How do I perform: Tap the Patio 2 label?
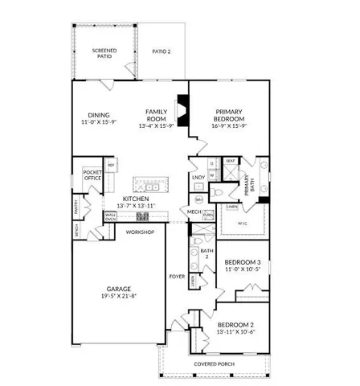point(162,51)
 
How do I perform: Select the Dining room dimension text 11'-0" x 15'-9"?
point(100,123)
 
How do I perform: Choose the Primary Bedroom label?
point(229,113)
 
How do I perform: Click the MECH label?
point(194,212)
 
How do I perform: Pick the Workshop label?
point(139,232)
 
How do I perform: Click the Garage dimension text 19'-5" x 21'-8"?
point(121,295)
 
